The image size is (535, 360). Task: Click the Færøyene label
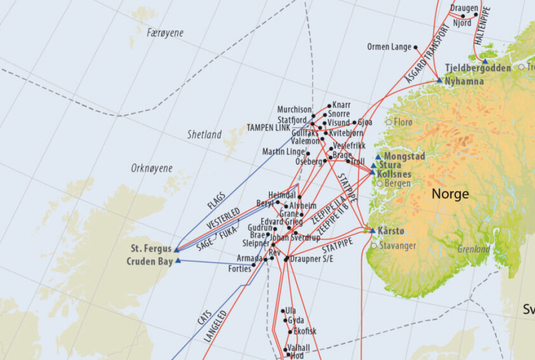pyautogui.click(x=165, y=33)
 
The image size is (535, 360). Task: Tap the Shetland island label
pyautogui.click(x=204, y=135)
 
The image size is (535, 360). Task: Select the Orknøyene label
pyautogui.click(x=152, y=168)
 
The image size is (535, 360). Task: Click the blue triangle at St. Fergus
pyautogui.click(x=177, y=250)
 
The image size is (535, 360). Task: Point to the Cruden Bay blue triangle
pyautogui.click(x=178, y=260)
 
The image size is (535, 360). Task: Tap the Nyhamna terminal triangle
pyautogui.click(x=439, y=81)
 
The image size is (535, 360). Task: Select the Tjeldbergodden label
pyautogui.click(x=478, y=68)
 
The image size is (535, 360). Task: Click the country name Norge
pyautogui.click(x=450, y=194)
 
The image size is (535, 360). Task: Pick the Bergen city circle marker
pyautogui.click(x=380, y=183)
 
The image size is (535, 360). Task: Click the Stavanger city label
pyautogui.click(x=397, y=245)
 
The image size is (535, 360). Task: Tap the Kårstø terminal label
pyautogui.click(x=391, y=230)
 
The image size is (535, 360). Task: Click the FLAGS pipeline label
pyautogui.click(x=216, y=201)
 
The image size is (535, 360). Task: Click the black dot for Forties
pyautogui.click(x=254, y=265)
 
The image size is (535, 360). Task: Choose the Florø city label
pyautogui.click(x=403, y=122)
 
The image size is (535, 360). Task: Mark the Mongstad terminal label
pyautogui.click(x=404, y=157)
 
